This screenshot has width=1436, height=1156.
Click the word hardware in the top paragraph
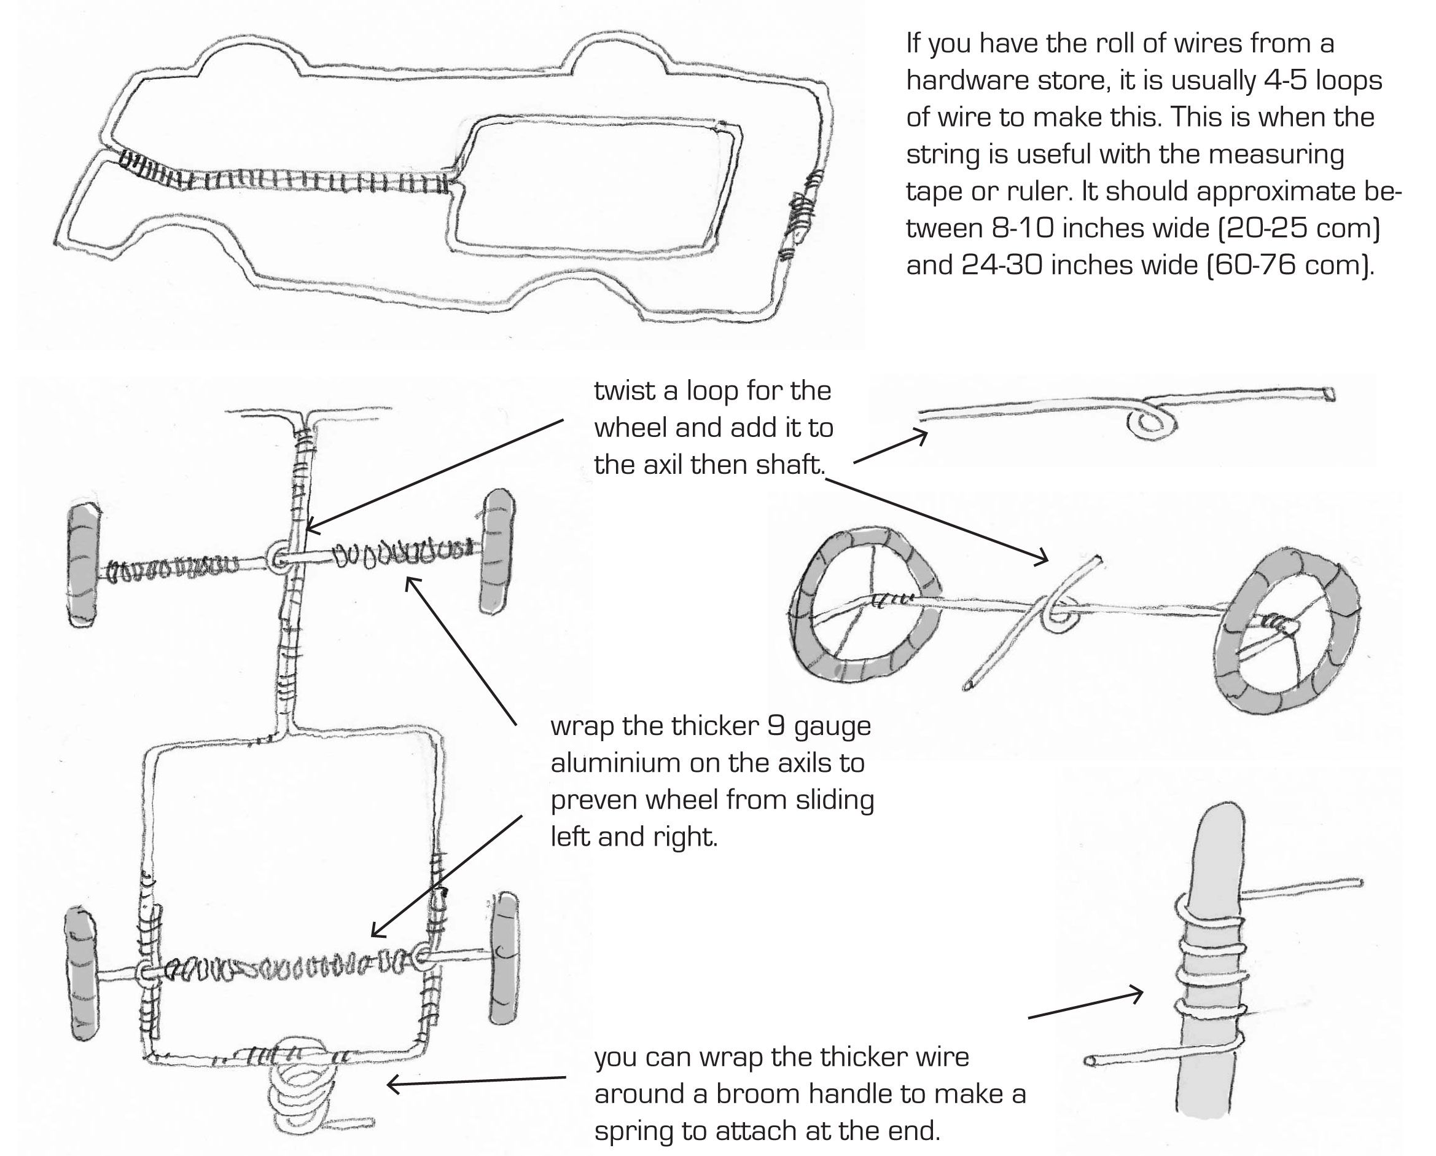pos(958,81)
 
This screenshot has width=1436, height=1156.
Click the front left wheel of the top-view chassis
pos(84,564)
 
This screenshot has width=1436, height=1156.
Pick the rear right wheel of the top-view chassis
pos(504,958)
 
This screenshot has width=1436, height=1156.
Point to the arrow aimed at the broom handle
pos(1086,1005)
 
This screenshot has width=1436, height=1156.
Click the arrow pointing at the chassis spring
pos(476,1080)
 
